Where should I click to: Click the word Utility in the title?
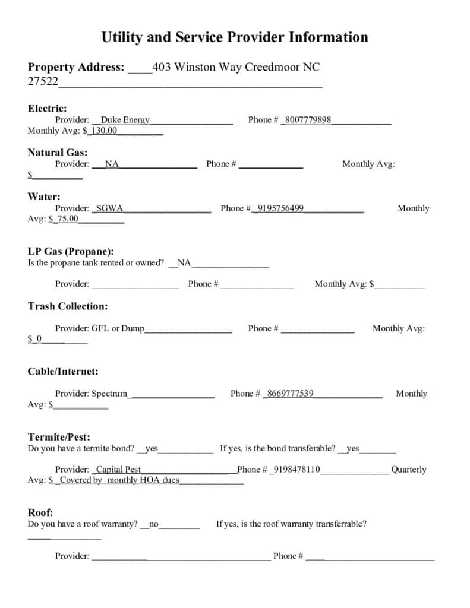tap(121, 37)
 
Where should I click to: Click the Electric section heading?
tap(47, 108)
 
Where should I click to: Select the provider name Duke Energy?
tap(125, 120)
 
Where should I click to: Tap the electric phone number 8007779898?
tap(308, 120)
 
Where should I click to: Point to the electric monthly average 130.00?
tap(104, 131)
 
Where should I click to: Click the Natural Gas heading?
tap(57, 152)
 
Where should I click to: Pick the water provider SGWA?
tap(109, 208)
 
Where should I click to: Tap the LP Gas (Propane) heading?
tap(71, 251)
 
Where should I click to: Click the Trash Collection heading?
tap(68, 306)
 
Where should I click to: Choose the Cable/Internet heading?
tap(63, 372)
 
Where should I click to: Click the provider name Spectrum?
tap(109, 394)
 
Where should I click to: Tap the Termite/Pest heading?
tap(59, 437)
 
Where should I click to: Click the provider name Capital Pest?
tap(118, 470)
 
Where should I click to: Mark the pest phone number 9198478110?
tap(296, 470)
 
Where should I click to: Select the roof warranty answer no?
tap(154, 524)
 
